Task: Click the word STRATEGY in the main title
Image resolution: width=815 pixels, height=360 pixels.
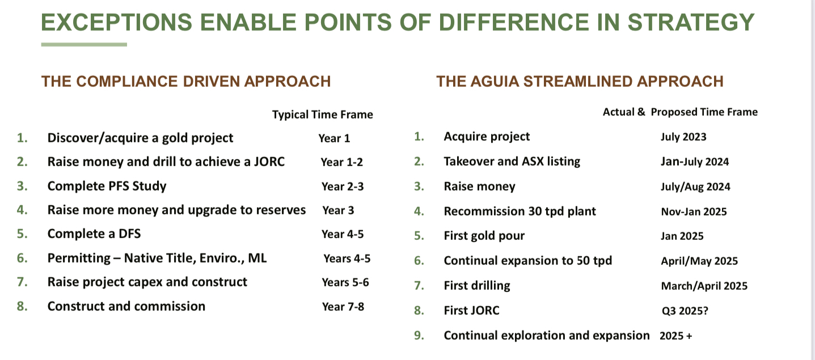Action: (691, 23)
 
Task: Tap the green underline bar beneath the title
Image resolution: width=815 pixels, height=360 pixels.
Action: (84, 45)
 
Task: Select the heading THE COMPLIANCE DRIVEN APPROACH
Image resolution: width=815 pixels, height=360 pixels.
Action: (186, 82)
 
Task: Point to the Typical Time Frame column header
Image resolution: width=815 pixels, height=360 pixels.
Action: (322, 115)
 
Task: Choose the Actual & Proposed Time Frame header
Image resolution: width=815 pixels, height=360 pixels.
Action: (680, 112)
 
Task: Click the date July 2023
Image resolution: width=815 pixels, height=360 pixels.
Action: (683, 137)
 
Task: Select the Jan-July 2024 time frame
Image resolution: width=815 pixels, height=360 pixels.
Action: (695, 162)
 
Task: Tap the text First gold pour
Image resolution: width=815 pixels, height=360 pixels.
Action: (484, 236)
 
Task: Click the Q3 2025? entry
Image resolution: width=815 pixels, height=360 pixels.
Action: (685, 311)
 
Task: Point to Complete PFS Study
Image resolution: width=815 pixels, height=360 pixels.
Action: (107, 186)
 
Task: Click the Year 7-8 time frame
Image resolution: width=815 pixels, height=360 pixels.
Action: (343, 307)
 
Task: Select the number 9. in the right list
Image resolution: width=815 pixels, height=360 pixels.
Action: (419, 336)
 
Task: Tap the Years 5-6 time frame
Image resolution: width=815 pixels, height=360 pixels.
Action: (345, 282)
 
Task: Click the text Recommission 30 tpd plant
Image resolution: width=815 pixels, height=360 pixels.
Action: (520, 211)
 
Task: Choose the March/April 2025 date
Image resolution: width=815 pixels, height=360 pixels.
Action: (704, 286)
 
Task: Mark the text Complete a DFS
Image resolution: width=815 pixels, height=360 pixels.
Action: (94, 234)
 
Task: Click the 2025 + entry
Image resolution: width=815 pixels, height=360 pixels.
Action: (675, 336)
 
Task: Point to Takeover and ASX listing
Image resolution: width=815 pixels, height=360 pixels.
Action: (512, 162)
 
